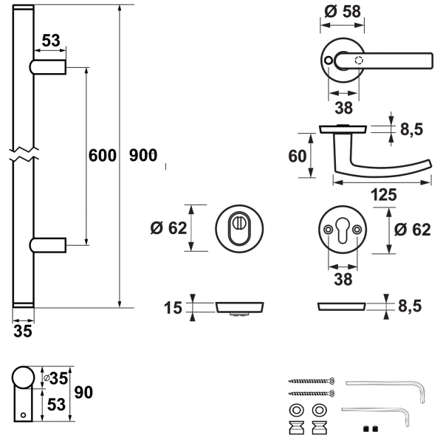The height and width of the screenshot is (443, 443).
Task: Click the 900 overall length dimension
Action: pyautogui.click(x=143, y=155)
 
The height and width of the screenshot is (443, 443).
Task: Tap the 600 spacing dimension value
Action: pyautogui.click(x=103, y=155)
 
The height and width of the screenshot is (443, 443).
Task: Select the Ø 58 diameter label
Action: pyautogui.click(x=343, y=12)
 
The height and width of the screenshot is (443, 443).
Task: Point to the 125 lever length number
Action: pyautogui.click(x=384, y=195)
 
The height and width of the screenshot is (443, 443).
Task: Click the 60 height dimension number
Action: pyautogui.click(x=298, y=156)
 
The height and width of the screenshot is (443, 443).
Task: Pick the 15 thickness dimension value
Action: pyautogui.click(x=173, y=308)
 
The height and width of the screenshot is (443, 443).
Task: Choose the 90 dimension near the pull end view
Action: pyautogui.click(x=83, y=393)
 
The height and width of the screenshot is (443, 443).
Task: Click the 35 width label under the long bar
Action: pyautogui.click(x=23, y=331)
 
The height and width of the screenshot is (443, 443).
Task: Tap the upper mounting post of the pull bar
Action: pyautogui.click(x=48, y=67)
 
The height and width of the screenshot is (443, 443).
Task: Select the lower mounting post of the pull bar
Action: pyautogui.click(x=48, y=245)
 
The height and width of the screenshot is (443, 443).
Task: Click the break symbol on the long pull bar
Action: pyautogui.click(x=24, y=154)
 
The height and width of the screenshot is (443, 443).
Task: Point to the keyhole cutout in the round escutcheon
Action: pyautogui.click(x=343, y=230)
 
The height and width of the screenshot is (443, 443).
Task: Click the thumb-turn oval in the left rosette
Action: pyautogui.click(x=239, y=228)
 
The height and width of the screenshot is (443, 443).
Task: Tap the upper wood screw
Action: pyautogui.click(x=312, y=381)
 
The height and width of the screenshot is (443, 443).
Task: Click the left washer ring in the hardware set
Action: pyautogui.click(x=296, y=410)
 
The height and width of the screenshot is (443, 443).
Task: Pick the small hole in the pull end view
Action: pyautogui.click(x=23, y=415)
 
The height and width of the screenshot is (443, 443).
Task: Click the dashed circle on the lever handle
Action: pyautogui.click(x=359, y=61)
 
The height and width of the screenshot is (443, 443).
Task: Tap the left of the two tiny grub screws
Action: pyautogui.click(x=366, y=429)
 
